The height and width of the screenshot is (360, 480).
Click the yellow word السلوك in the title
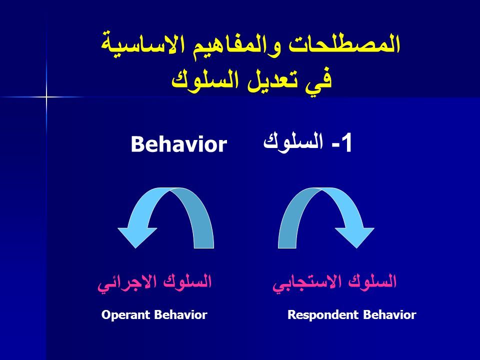(x=204, y=80)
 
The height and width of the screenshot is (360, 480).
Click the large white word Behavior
(x=179, y=144)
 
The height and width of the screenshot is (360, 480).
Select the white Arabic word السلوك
(x=293, y=141)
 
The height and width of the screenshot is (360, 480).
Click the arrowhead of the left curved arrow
(x=136, y=237)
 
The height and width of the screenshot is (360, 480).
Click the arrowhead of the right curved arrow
(x=355, y=237)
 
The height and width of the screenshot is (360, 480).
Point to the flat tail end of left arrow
(x=204, y=247)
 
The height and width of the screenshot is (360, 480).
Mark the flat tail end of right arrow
(x=287, y=247)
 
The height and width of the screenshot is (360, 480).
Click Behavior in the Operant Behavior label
(x=180, y=314)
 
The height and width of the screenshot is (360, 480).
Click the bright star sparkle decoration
(x=46, y=97)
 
